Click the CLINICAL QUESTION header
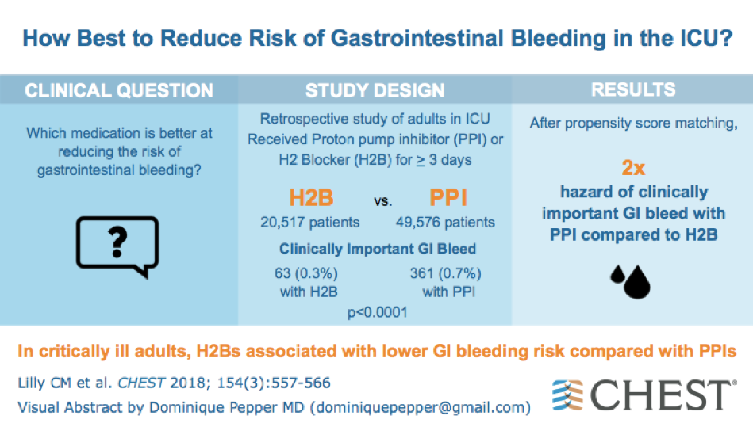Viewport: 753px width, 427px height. [119, 91]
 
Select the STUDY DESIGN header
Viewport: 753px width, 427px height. [375, 91]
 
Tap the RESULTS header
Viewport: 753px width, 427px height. [633, 90]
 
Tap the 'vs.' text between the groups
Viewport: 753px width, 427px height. [383, 201]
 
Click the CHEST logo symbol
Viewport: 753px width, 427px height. [568, 395]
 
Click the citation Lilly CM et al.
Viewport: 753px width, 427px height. [63, 383]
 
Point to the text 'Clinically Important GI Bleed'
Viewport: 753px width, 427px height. [377, 249]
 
